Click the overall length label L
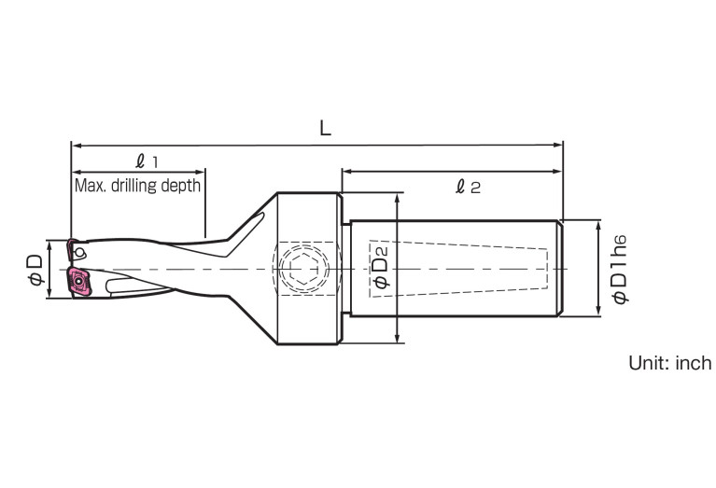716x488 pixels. [x=325, y=130]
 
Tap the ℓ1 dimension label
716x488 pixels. [x=147, y=160]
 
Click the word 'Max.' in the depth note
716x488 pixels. [x=90, y=185]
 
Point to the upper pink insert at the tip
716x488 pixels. [x=71, y=250]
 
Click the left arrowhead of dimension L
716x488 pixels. [x=76, y=146]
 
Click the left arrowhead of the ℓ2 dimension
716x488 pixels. [x=346, y=172]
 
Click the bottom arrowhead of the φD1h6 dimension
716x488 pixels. [x=598, y=311]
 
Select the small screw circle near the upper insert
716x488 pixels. [x=81, y=252]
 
